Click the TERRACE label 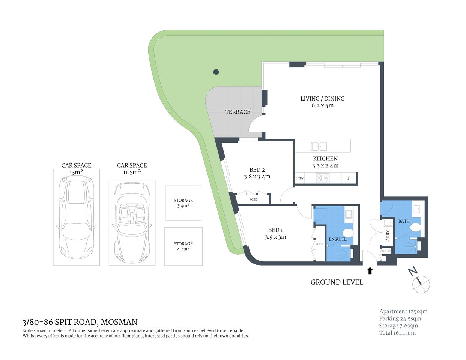coord(238,112)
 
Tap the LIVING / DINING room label coord(322,99)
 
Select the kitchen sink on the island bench coord(319,146)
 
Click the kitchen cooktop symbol coord(323,178)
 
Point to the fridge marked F coord(349,178)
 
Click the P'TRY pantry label coord(299,178)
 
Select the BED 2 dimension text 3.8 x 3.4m coord(257,177)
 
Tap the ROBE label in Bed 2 coord(253,199)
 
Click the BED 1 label coord(275,230)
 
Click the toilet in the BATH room coord(415,228)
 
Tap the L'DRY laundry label coord(388,236)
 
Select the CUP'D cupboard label coord(386,251)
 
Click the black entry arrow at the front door coord(370,270)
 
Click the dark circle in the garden coord(216,72)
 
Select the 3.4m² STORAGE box coord(183,203)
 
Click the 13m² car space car coord(76,217)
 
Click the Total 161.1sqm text coord(397,333)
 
